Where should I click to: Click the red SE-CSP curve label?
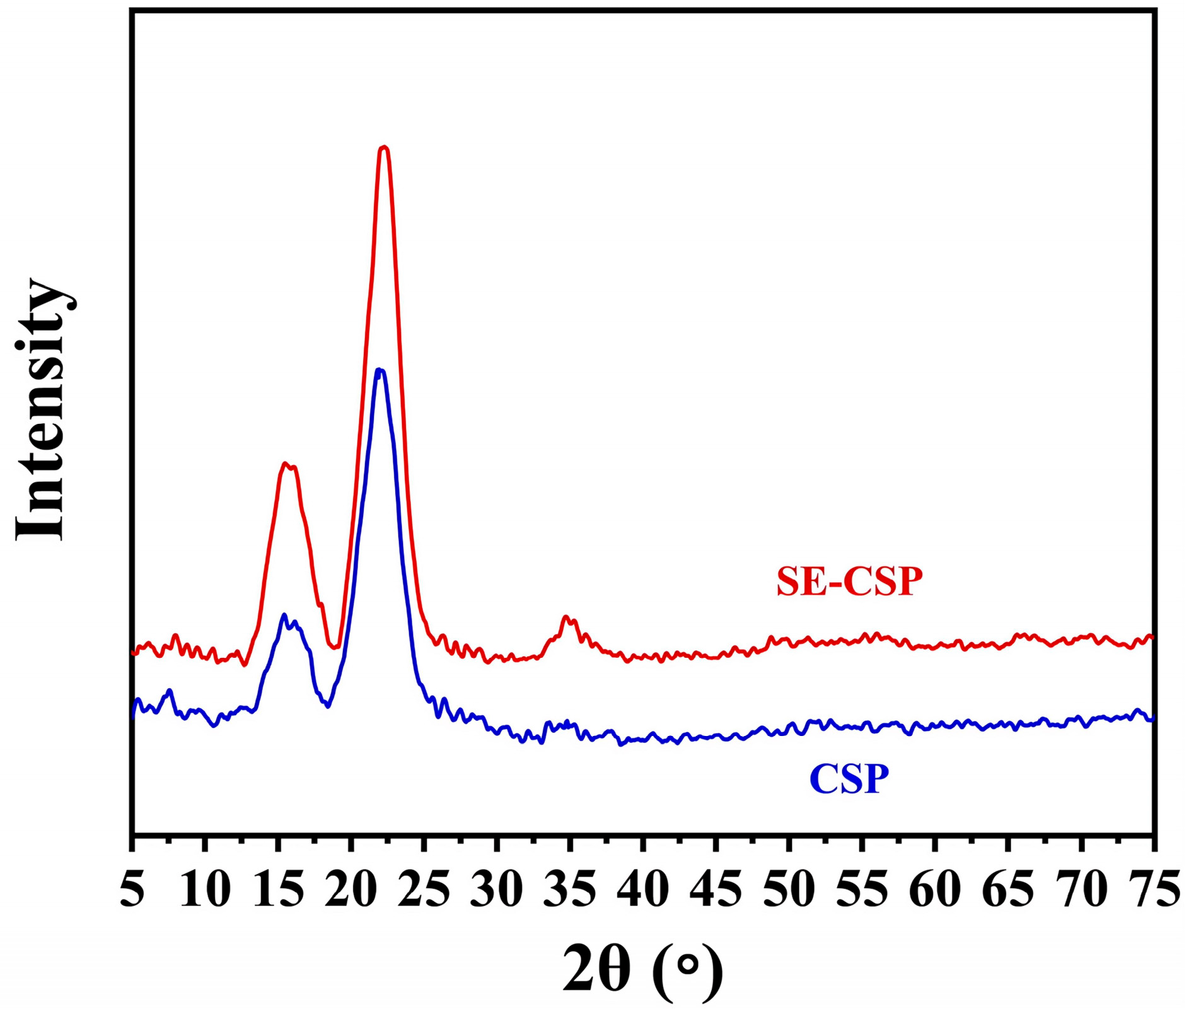point(849,581)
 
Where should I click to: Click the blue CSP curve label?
point(849,779)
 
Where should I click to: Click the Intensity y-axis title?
point(40,409)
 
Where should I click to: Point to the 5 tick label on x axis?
point(132,890)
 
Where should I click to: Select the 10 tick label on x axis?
point(206,890)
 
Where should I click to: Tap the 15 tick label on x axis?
point(278,890)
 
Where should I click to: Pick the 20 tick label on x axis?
point(351,890)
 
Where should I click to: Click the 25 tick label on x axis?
point(424,890)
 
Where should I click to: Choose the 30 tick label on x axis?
point(497,890)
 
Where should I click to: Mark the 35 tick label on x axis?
point(570,890)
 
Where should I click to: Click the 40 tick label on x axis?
point(643,890)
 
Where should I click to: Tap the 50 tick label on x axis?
point(789,890)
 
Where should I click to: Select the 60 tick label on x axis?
point(934,890)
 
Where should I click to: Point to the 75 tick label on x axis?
point(1153,890)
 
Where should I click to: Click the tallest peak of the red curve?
point(383,148)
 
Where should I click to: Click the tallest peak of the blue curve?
point(380,370)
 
